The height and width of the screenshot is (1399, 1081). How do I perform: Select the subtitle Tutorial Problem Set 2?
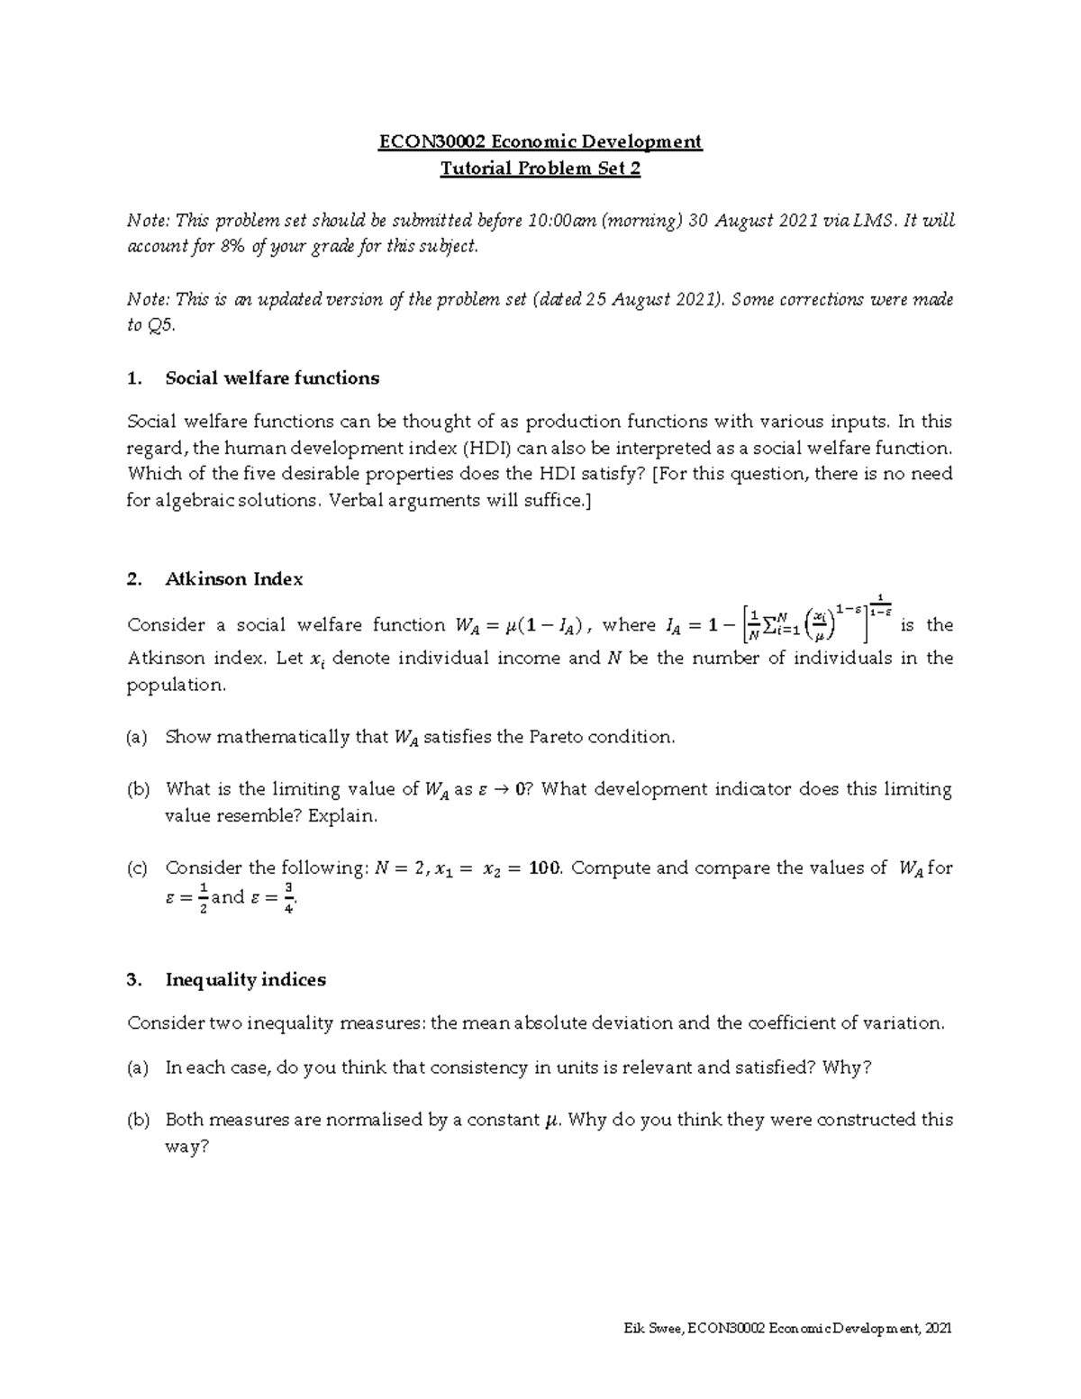540,168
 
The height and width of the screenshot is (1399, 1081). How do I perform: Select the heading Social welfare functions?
272,378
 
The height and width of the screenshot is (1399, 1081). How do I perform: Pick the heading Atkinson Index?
233,579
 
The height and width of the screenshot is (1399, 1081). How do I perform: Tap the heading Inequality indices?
245,979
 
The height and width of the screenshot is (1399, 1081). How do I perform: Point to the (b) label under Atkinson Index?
138,789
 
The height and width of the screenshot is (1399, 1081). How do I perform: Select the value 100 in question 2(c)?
543,868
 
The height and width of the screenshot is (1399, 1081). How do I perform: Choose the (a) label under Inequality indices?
138,1067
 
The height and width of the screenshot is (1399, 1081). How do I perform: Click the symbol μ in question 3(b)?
552,1121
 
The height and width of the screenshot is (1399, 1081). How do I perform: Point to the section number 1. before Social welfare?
135,378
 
